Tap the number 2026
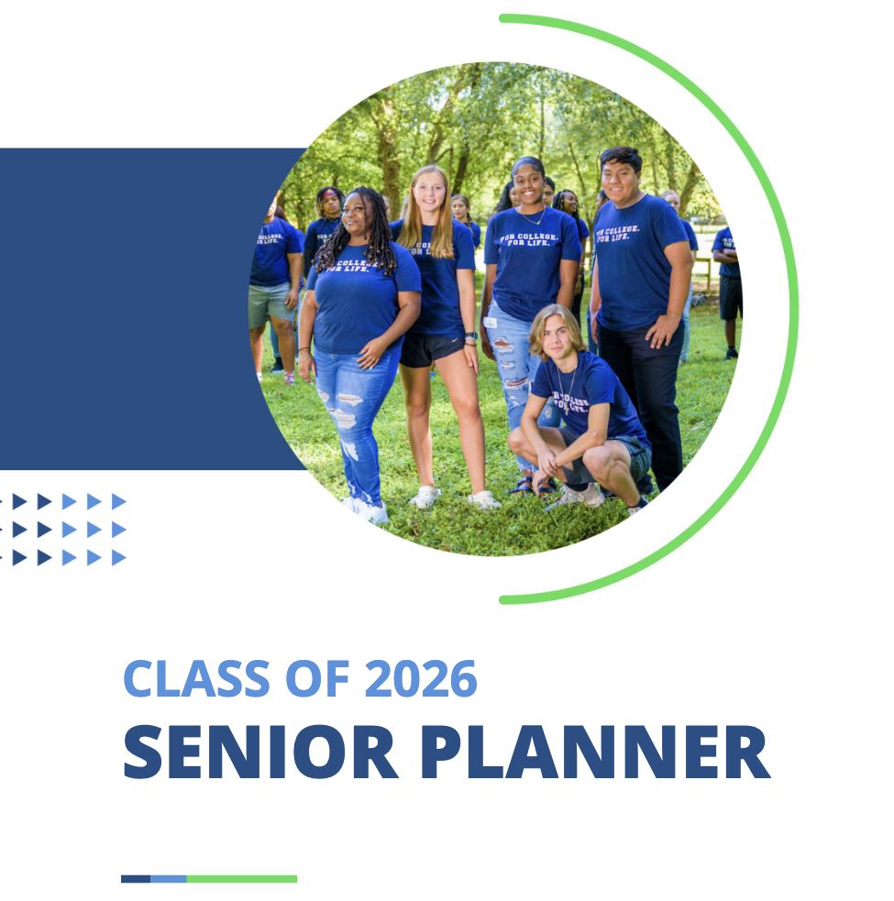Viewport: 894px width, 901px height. [421, 678]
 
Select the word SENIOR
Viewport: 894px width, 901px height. [260, 752]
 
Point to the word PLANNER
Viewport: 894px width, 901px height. [595, 752]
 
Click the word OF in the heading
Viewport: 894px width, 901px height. [317, 678]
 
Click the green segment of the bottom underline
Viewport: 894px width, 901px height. [241, 879]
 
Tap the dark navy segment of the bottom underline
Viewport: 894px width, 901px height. [136, 879]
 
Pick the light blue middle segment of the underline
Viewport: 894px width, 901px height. [169, 879]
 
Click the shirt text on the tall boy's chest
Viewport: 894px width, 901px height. [617, 234]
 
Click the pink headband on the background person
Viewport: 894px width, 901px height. [331, 194]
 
